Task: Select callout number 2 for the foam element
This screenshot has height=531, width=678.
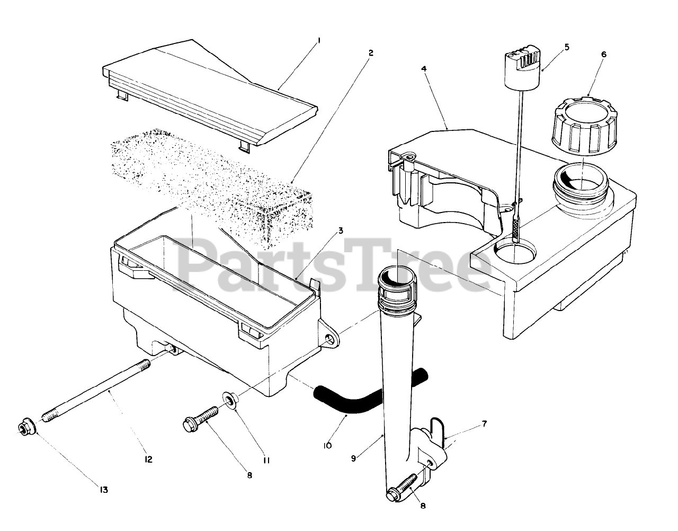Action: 371,54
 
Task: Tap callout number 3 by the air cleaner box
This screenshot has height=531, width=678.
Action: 341,231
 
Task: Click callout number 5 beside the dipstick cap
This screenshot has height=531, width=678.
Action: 567,47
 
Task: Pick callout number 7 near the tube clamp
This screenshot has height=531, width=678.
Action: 484,424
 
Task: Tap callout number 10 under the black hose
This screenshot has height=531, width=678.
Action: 327,446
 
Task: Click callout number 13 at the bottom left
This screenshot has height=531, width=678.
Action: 104,490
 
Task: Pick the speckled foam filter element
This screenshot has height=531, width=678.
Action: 212,180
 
